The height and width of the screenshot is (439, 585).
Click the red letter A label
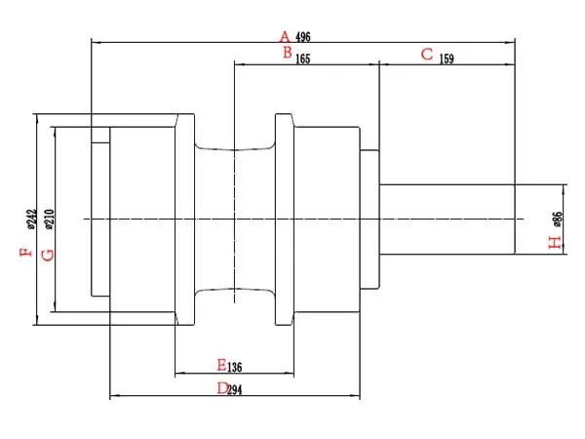point(285,35)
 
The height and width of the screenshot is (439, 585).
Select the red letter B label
point(287,53)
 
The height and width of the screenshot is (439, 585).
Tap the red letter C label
point(427,54)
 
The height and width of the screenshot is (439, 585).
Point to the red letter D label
point(222,388)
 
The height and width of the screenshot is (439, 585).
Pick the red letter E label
point(221,365)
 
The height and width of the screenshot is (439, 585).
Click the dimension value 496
point(302,37)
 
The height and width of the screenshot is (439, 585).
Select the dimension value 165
point(302,59)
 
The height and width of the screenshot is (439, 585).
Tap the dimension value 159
point(447,59)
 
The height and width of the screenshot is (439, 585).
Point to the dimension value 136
point(235,367)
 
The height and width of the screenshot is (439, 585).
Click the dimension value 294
point(237,389)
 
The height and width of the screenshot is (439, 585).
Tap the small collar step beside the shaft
point(369,219)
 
